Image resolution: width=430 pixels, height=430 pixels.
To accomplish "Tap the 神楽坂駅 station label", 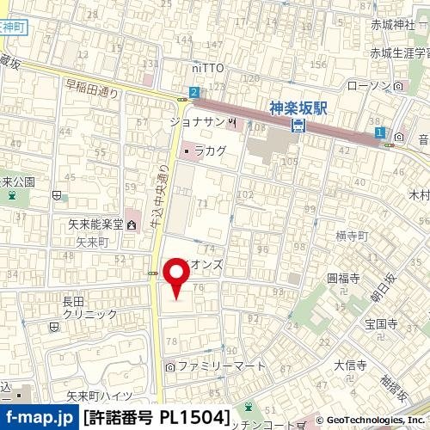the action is (x=298, y=109).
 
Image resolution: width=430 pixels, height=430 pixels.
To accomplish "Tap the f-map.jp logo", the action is (x=39, y=418).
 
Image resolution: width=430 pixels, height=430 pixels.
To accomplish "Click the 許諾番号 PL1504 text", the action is (x=156, y=418).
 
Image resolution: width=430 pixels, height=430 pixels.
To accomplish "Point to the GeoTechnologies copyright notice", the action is (x=369, y=421).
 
